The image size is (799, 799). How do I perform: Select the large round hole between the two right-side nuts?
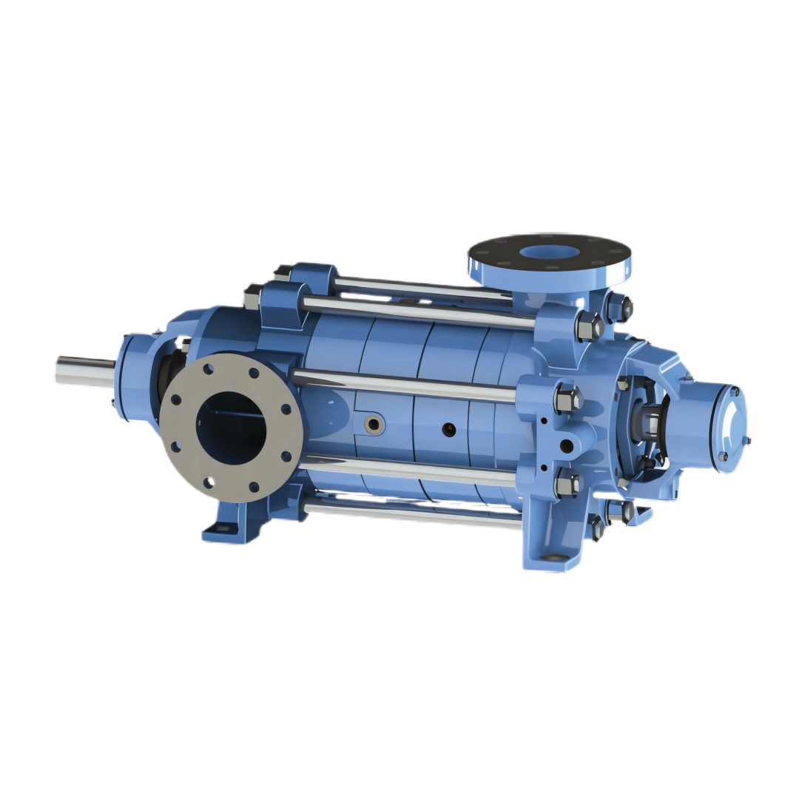(566, 445)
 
